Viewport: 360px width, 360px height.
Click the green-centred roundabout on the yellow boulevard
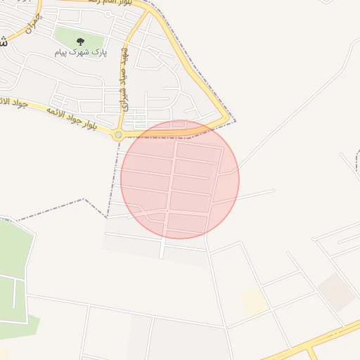118,135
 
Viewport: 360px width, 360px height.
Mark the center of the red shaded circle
180,179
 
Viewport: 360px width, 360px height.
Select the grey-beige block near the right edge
336,292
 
